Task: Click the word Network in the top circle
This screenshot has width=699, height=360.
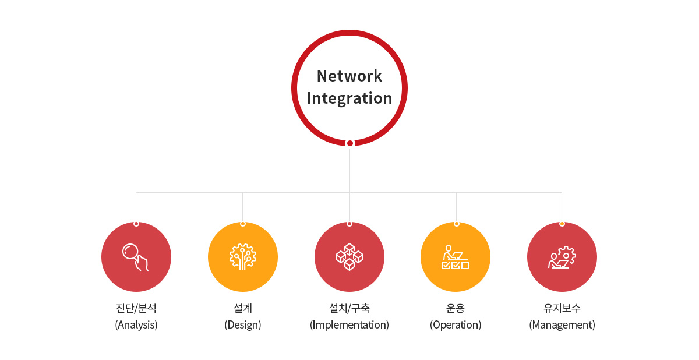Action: pyautogui.click(x=349, y=76)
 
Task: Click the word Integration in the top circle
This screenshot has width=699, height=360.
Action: pyautogui.click(x=349, y=98)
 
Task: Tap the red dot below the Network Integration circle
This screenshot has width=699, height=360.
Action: pyautogui.click(x=350, y=143)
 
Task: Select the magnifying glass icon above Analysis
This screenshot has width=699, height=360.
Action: pyautogui.click(x=135, y=257)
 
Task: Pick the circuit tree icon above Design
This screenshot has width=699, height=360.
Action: pyautogui.click(x=243, y=257)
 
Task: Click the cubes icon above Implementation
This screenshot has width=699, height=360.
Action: pyautogui.click(x=349, y=257)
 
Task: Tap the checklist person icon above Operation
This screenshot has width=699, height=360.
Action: pyautogui.click(x=456, y=257)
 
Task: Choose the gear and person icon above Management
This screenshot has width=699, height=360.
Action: pyautogui.click(x=562, y=257)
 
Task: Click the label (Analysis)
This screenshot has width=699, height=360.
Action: pyautogui.click(x=136, y=324)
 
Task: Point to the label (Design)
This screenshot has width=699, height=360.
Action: pyautogui.click(x=243, y=324)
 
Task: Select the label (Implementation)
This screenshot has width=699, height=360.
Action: pyautogui.click(x=349, y=324)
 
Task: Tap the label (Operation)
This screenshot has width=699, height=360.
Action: pyautogui.click(x=456, y=324)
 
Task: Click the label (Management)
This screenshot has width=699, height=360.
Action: pyautogui.click(x=562, y=324)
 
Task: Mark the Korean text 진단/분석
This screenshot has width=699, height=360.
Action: pyautogui.click(x=136, y=308)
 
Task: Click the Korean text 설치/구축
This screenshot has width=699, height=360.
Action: pyautogui.click(x=349, y=308)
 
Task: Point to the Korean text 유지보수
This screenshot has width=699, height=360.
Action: pyautogui.click(x=562, y=308)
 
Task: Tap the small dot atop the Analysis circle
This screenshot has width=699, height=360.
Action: pyautogui.click(x=136, y=224)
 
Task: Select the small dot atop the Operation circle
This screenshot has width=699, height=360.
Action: pyautogui.click(x=456, y=224)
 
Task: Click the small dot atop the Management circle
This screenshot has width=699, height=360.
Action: pyautogui.click(x=562, y=224)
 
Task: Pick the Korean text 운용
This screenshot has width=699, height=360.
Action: pyautogui.click(x=456, y=308)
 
